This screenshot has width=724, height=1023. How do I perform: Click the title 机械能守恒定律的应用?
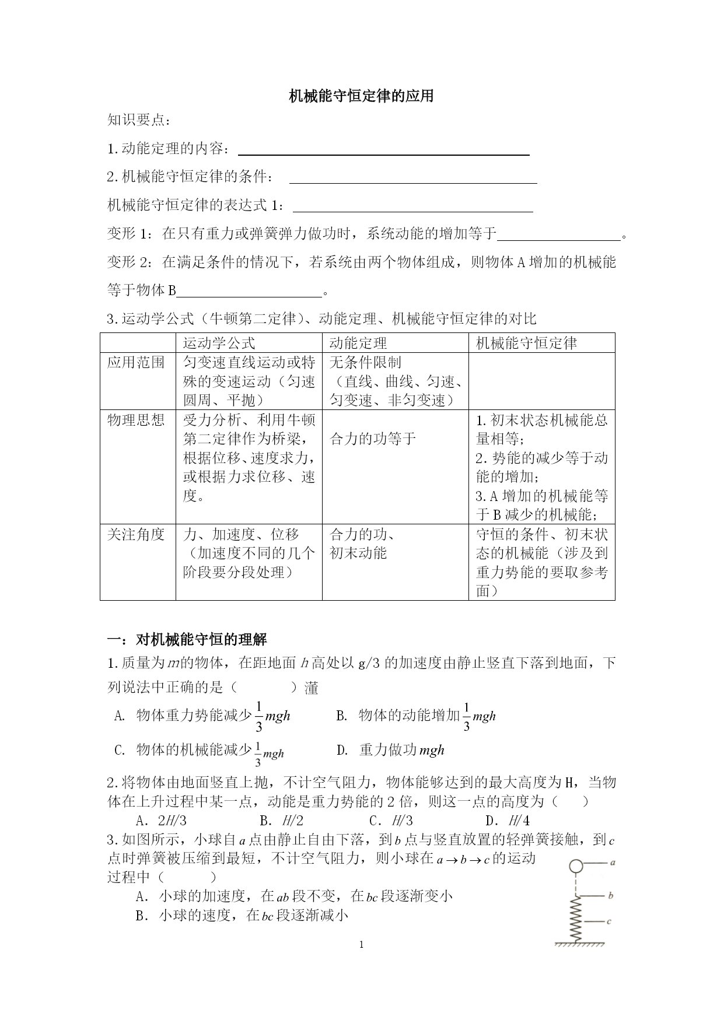tap(362, 96)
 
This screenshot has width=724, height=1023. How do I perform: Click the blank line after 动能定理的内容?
tap(384, 154)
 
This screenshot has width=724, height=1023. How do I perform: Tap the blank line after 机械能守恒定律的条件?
tap(413, 183)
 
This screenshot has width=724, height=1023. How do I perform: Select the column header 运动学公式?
tap(219, 343)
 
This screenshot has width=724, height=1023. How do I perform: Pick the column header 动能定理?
tap(358, 343)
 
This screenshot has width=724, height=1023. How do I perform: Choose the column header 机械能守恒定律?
tap(526, 343)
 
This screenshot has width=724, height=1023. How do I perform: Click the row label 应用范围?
tap(137, 363)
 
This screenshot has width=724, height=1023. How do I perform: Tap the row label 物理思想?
tap(137, 421)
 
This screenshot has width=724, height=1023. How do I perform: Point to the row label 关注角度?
tap(137, 535)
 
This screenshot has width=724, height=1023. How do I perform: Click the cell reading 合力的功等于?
tap(373, 439)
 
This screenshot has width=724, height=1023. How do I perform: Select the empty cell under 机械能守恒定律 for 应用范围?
tap(541, 381)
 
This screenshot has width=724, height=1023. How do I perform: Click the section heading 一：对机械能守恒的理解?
tap(187, 640)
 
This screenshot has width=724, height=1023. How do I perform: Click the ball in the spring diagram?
tap(576, 866)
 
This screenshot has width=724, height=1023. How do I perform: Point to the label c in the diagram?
tap(608, 922)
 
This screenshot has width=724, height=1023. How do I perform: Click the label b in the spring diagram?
tap(610, 895)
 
